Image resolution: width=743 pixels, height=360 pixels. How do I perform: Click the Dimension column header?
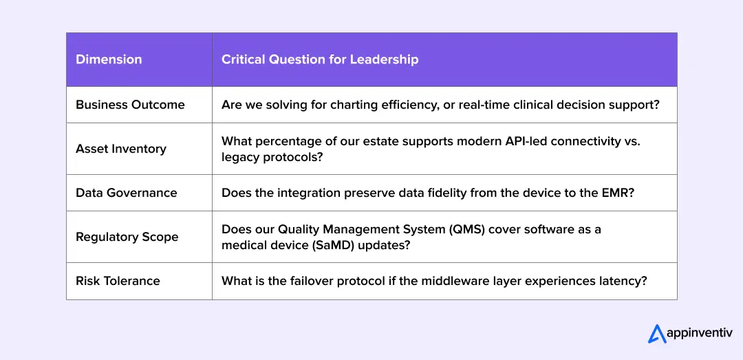tap(109, 59)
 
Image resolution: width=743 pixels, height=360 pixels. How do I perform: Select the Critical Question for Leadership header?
tap(319, 59)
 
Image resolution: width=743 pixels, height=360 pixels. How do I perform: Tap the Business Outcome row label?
tap(130, 105)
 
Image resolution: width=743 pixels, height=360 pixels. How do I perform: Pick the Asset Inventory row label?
tap(121, 149)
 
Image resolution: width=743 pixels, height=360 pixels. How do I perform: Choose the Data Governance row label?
tap(126, 193)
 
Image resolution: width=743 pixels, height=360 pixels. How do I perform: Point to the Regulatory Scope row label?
tap(127, 237)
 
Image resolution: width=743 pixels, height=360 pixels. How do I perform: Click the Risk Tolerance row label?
tap(118, 281)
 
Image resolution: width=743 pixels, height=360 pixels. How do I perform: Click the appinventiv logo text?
tap(696, 334)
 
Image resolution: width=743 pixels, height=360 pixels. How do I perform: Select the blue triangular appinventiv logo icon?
tap(657, 334)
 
